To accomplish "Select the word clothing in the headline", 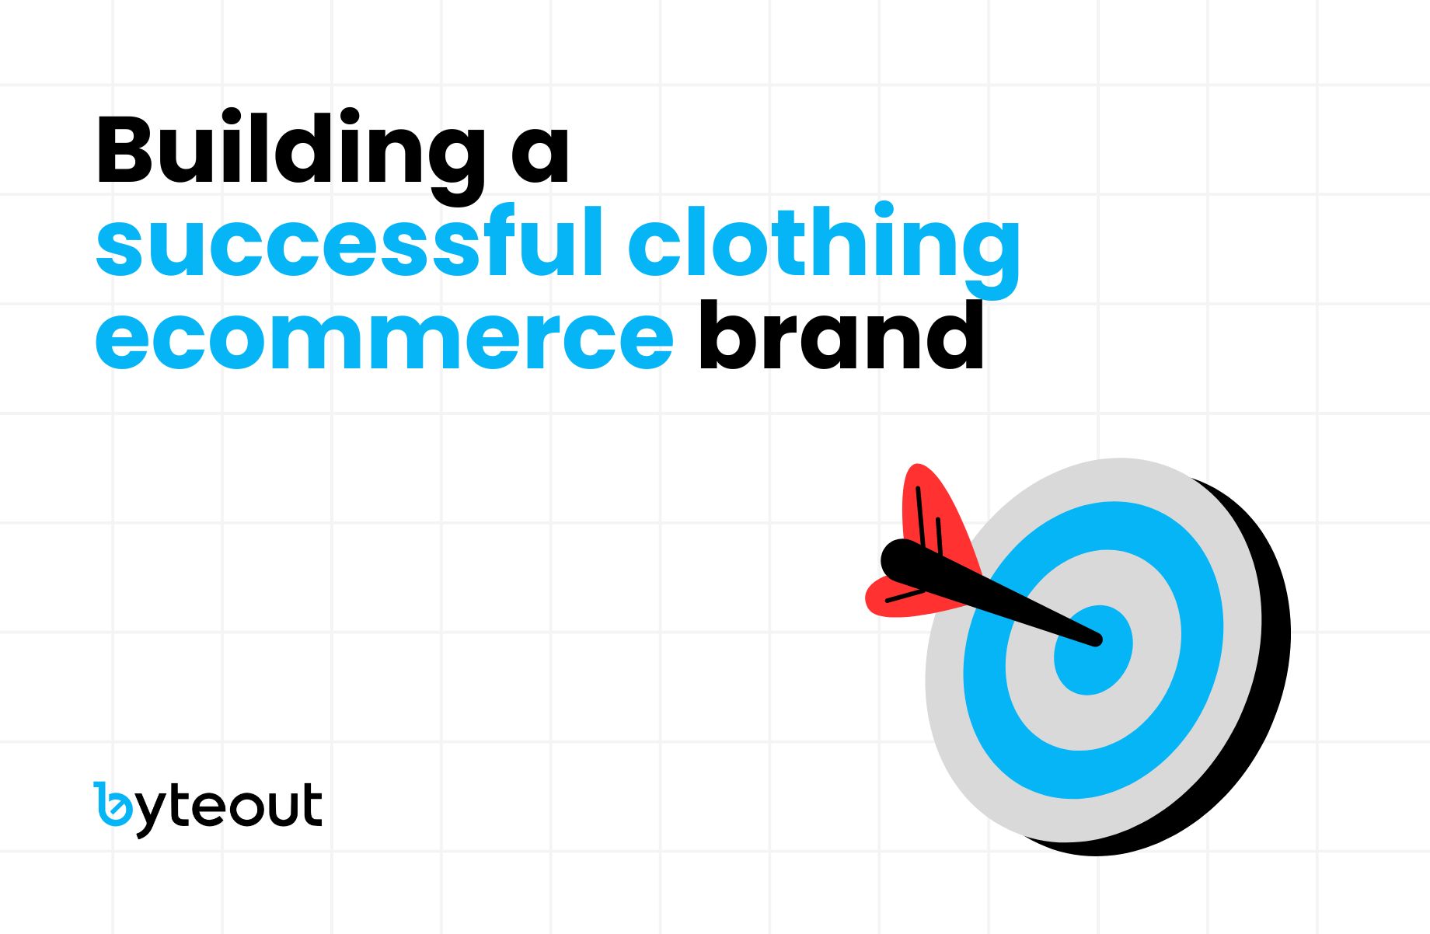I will point(824,243).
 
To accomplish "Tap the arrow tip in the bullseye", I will point(1097,641).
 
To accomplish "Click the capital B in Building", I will point(124,150).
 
